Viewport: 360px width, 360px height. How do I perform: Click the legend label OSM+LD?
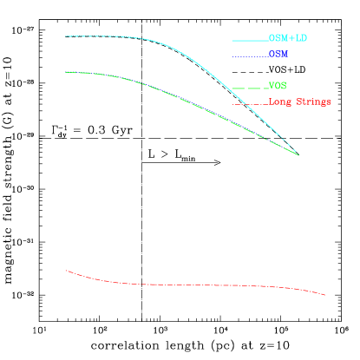coord(287,38)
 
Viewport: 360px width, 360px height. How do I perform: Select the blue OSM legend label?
coord(278,54)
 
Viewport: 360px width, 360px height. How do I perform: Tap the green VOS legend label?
coord(278,86)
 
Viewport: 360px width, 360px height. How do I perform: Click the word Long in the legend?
coord(280,102)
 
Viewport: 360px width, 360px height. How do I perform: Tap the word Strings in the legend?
coord(313,102)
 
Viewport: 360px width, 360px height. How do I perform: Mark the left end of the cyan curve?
coord(66,36)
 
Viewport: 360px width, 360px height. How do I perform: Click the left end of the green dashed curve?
coord(66,72)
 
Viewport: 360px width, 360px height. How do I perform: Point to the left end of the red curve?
coord(66,271)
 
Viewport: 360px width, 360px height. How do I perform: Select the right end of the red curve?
coord(325,295)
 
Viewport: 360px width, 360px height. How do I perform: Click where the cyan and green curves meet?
coord(298,154)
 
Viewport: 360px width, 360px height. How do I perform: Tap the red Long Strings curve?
coord(191,285)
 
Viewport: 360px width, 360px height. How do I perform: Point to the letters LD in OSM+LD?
coord(300,38)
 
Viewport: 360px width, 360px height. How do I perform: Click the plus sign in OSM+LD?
coord(290,38)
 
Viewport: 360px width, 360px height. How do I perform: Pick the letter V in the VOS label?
coord(272,86)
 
